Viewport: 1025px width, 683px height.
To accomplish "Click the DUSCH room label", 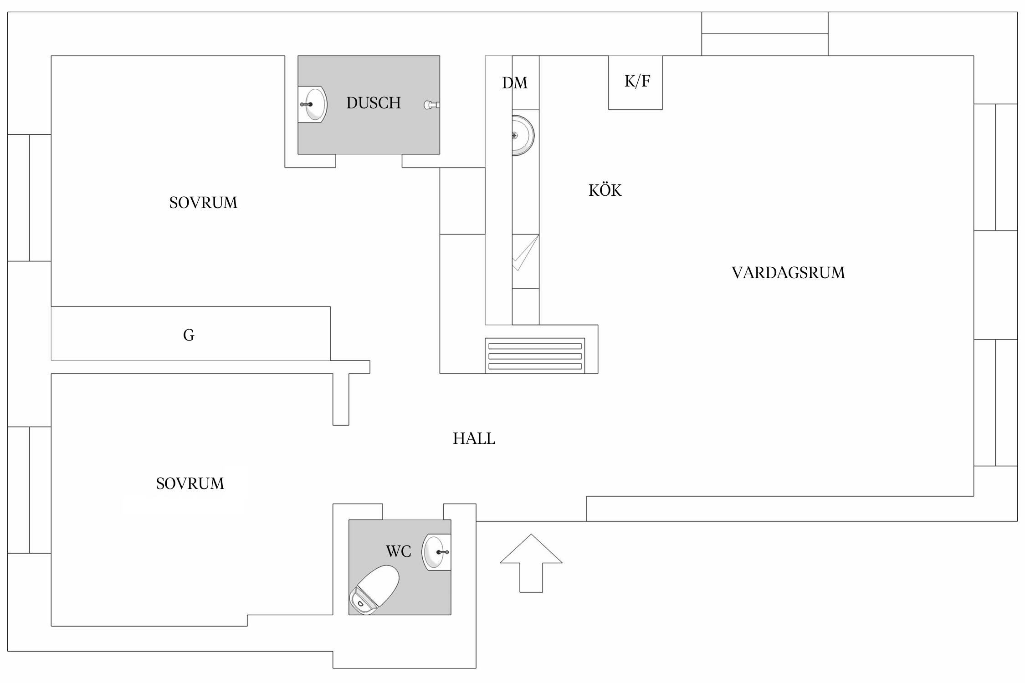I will [373, 103].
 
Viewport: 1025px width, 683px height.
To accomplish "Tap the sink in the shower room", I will [314, 104].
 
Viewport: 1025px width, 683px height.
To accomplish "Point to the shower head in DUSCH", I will [431, 105].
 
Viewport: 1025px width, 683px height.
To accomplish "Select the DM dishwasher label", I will [515, 83].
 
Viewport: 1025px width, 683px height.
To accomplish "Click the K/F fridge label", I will [637, 81].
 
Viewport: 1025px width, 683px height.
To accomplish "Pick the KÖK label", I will [605, 190].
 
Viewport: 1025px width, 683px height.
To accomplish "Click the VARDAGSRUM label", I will [788, 273].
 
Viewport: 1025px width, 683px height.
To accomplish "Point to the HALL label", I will [474, 438].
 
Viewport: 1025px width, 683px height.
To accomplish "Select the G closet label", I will [189, 335].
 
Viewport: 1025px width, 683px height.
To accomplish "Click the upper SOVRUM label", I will [203, 203].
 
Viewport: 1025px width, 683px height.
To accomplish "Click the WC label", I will [398, 551].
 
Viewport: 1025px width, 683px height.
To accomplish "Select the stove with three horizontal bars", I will [535, 356].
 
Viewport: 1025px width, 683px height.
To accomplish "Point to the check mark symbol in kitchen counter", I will [525, 253].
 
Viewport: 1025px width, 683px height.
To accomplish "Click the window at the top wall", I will [764, 34].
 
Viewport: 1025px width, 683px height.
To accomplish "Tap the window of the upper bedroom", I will [29, 198].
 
